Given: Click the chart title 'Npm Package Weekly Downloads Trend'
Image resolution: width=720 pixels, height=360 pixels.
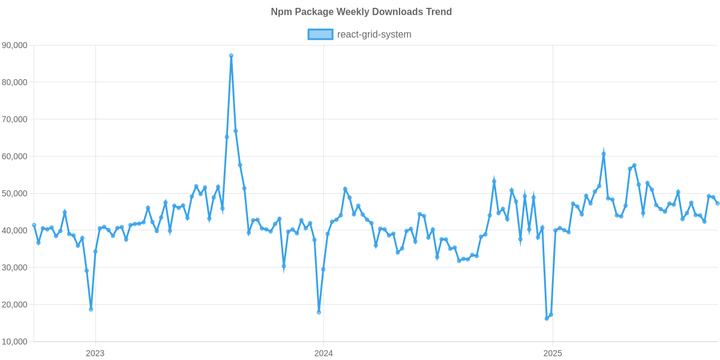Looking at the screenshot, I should point(361,12).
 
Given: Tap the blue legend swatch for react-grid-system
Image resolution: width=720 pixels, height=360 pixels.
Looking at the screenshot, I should point(320,34).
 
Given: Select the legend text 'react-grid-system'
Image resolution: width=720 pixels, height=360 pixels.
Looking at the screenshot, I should point(374,34).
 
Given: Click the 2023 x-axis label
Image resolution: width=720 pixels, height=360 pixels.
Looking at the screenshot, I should point(95,353).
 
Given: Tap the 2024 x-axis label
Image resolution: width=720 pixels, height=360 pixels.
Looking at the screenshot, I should point(323,353).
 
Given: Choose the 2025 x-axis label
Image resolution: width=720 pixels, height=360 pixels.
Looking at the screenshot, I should point(552,353).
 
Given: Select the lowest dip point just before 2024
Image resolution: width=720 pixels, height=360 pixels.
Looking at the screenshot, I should point(319,312).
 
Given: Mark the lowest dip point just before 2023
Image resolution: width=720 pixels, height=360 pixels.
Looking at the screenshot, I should point(91,310).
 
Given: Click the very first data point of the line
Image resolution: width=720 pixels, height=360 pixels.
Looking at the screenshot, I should point(34,225).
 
